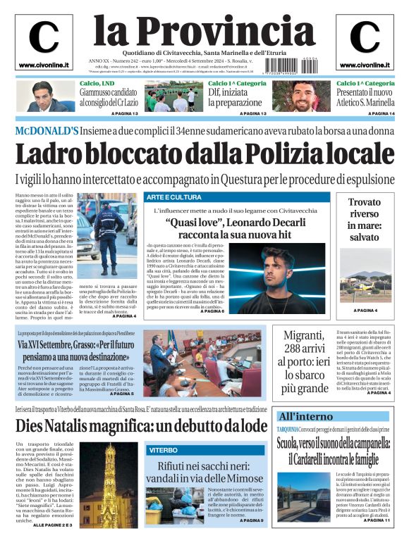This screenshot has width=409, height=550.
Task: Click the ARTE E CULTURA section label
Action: (x=174, y=197)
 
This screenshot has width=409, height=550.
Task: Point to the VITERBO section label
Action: (x=163, y=449)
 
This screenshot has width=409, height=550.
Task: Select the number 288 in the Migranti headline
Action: (x=297, y=351)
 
